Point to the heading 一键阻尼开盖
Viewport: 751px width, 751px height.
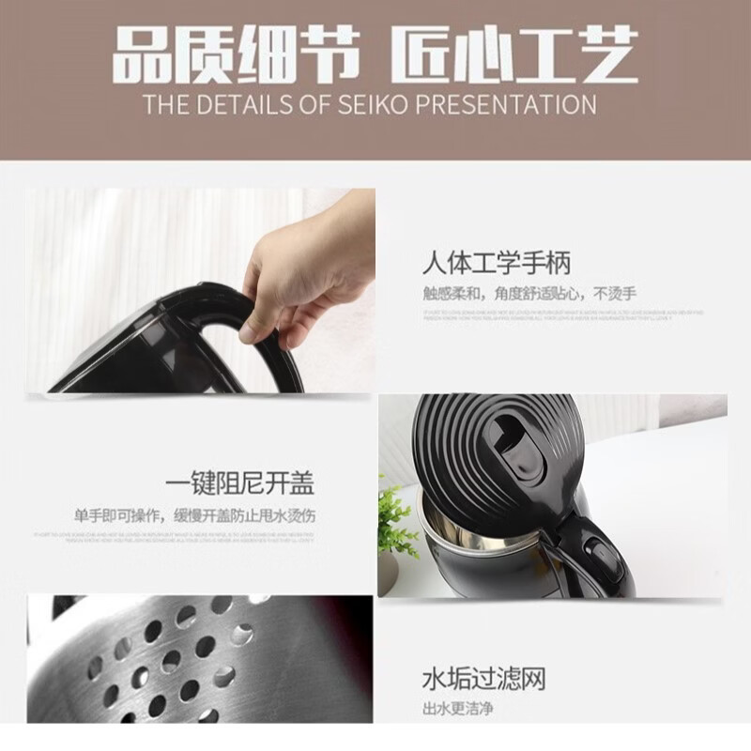tap(238, 484)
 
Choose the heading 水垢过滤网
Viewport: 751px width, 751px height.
tap(483, 678)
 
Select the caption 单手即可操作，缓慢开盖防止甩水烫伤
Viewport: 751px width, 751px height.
tap(194, 515)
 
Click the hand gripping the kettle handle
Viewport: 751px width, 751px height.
tap(300, 272)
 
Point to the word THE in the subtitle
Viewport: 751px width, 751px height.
tap(165, 103)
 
